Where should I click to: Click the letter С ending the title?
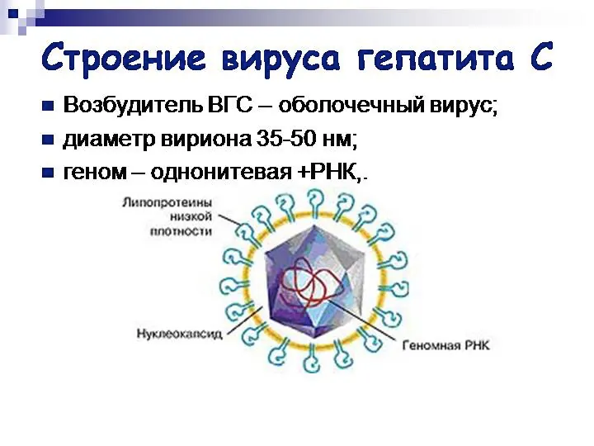[x=543, y=58]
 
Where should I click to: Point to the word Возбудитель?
[x=130, y=107]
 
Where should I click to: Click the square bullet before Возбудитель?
[x=47, y=107]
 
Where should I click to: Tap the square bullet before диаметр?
[x=47, y=140]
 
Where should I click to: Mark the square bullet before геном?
[x=47, y=173]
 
